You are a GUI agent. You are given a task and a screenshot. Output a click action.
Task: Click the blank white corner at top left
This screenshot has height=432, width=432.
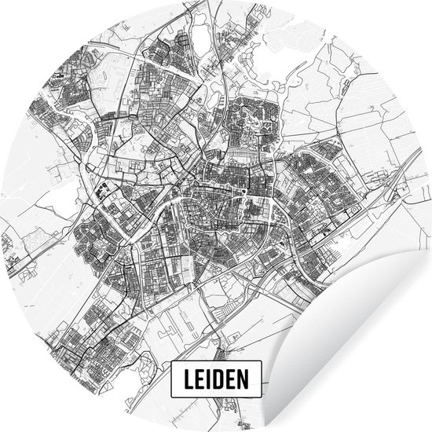pos(24,24)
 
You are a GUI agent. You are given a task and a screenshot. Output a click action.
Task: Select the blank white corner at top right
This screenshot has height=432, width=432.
pos(408,24)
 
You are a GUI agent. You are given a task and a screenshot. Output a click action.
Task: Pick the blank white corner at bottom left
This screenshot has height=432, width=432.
pos(24,408)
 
